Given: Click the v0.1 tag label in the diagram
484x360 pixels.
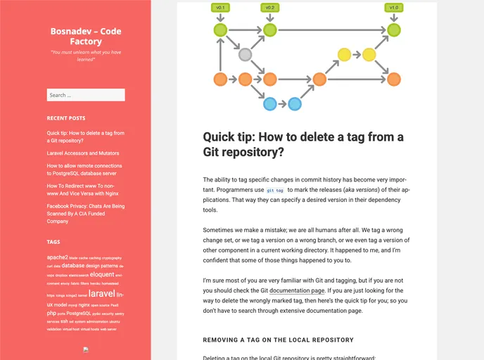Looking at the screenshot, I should (x=220, y=8).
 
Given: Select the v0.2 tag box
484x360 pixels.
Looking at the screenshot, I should (x=269, y=8).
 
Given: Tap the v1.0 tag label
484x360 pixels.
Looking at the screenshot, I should (x=394, y=8).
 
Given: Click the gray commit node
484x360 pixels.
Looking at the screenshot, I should (x=245, y=54).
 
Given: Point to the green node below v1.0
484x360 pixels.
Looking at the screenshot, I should (x=394, y=30).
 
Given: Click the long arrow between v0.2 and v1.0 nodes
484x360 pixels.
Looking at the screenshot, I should (x=331, y=30).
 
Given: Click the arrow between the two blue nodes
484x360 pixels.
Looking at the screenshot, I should (x=282, y=104).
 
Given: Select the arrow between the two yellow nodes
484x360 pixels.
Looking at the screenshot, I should (x=356, y=54).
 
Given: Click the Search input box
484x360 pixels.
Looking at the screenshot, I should (x=85, y=95).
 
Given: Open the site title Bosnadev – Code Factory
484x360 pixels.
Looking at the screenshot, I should (x=85, y=36).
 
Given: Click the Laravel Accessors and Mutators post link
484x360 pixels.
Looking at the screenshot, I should (x=82, y=153).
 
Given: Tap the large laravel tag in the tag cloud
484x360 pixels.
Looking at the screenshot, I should (x=101, y=293).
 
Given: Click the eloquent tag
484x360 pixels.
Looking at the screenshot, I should (x=102, y=275).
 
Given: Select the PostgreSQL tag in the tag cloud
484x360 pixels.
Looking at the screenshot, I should (x=78, y=314).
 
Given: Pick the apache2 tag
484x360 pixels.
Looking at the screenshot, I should (x=57, y=257).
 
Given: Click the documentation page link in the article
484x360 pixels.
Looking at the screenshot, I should (x=297, y=290).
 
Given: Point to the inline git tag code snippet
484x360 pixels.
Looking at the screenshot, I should (x=275, y=191).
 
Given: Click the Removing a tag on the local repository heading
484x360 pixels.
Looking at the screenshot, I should (x=279, y=340).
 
